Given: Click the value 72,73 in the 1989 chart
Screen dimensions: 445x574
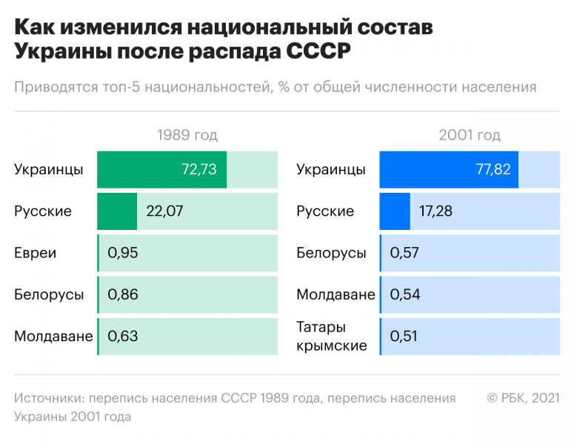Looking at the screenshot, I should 198,169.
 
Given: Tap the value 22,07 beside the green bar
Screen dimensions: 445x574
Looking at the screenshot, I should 164,211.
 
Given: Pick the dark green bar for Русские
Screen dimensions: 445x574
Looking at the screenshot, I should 117,211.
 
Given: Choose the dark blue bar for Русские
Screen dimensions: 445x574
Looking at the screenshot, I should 395,211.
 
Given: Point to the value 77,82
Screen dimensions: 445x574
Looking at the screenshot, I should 493,169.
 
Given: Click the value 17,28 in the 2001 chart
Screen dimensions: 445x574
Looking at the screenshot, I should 435,211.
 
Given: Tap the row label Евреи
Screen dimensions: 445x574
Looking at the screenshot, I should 35,253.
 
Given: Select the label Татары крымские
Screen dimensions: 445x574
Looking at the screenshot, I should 332,336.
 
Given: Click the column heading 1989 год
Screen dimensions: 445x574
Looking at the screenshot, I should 187,135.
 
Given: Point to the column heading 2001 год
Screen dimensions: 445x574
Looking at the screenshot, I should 470,135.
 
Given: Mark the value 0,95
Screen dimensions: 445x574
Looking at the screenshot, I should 123,253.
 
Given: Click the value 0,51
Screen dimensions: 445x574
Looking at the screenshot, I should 404,336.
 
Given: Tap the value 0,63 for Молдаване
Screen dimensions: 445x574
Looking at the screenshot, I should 123,336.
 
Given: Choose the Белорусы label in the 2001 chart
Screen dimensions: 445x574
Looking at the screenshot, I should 331,253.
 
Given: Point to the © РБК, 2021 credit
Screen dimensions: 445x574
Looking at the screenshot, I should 523,398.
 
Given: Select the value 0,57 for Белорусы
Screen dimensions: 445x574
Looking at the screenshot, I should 405,253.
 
